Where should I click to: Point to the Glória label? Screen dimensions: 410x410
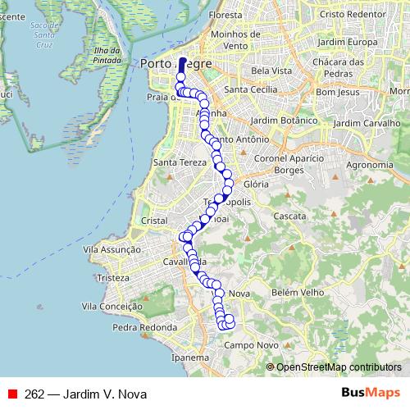pos(257,185)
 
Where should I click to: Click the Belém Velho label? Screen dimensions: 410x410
pos(301,293)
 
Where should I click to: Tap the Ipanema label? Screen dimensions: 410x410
pos(190,358)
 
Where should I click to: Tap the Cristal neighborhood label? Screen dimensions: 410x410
pos(155,221)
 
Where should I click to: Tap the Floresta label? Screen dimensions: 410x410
pos(226,15)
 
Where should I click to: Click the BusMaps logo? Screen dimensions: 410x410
pos(371,393)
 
